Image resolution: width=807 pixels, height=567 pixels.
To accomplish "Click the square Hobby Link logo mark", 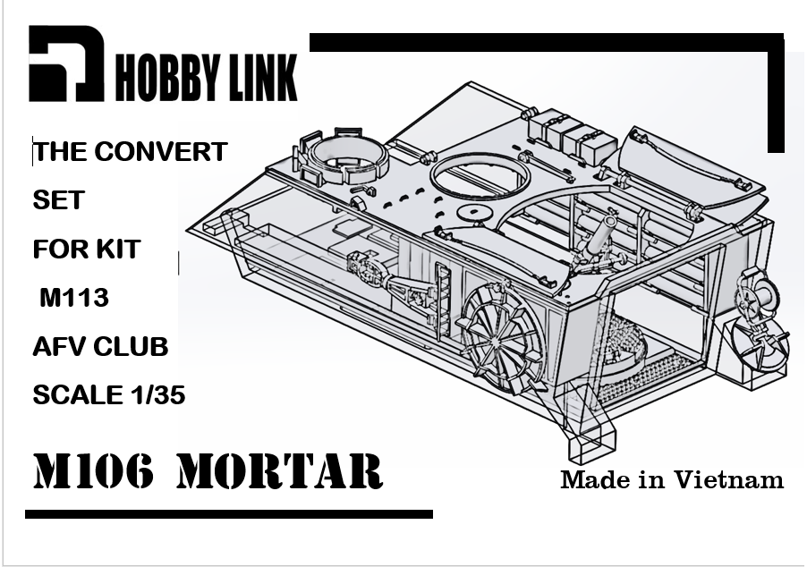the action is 66,63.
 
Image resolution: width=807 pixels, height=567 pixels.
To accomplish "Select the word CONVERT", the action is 160,152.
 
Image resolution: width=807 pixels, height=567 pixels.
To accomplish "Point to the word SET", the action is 58,200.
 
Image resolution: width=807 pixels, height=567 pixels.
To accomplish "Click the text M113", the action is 74,298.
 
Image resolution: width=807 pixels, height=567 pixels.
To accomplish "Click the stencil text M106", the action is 94,471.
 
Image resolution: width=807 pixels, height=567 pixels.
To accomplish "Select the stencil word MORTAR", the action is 280,471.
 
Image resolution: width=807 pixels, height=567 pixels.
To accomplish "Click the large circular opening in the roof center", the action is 480,175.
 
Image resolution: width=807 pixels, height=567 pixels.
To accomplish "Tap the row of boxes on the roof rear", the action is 572,132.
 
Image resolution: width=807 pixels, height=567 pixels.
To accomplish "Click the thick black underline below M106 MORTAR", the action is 229,514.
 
